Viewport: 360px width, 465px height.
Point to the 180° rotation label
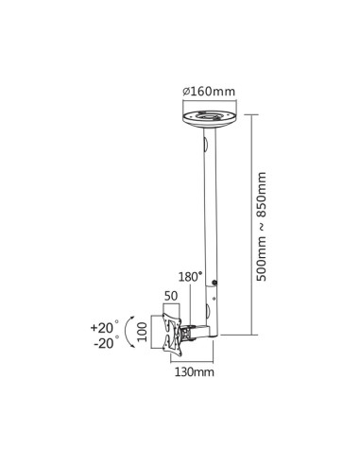click(190, 279)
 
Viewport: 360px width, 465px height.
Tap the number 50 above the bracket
click(171, 297)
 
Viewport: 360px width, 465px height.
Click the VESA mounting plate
click(171, 335)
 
